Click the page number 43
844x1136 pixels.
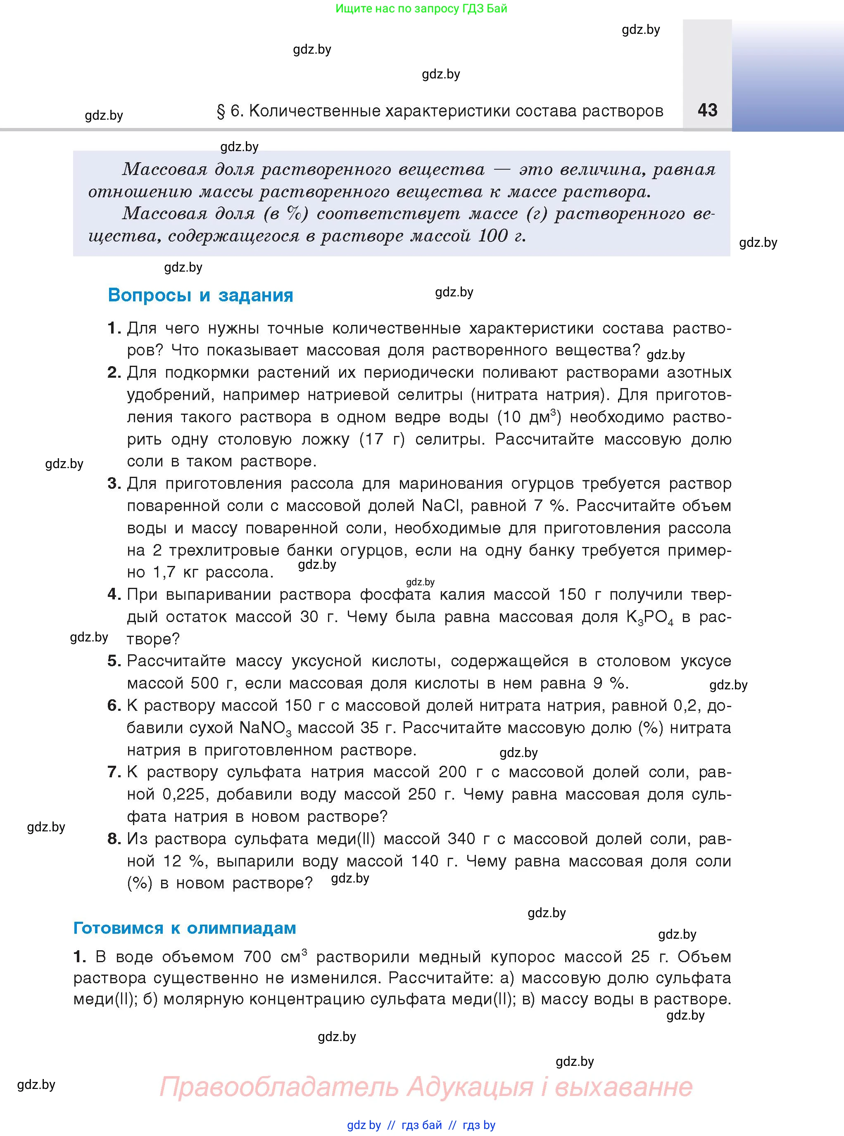pos(707,110)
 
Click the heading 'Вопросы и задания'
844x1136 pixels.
pos(200,295)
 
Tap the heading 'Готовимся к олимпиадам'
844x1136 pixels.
pos(184,927)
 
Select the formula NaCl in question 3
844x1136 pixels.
pos(441,505)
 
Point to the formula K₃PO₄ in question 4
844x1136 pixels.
pos(649,617)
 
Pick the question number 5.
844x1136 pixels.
pos(114,661)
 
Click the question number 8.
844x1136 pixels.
pos(114,839)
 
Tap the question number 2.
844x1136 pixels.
pos(114,372)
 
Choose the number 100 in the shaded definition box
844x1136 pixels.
pos(493,235)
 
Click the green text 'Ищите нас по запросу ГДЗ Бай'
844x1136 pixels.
pos(421,9)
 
